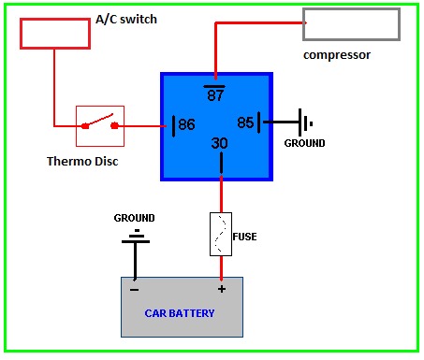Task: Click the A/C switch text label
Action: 126,20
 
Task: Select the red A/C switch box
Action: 55,20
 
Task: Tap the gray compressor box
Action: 351,9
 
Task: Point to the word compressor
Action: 337,55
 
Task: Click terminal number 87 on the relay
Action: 215,94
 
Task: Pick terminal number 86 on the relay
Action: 186,124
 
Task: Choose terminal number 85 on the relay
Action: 245,122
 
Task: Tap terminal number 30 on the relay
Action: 220,143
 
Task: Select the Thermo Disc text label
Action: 82,162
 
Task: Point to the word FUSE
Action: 244,237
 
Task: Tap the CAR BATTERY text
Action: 180,313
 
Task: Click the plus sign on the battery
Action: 222,289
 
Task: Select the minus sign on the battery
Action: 134,290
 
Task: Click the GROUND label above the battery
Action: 134,218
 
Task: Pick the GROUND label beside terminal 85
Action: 304,143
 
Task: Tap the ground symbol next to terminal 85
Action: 300,122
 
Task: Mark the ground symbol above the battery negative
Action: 136,241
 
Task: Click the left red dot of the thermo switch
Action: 85,126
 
